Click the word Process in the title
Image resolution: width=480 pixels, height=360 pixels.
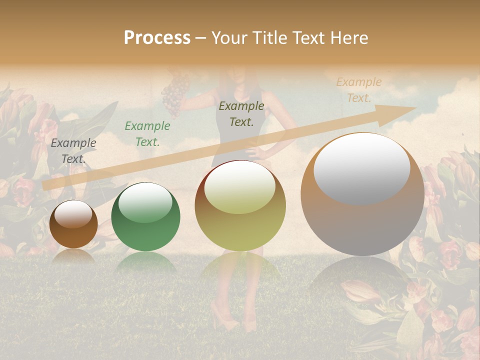pyautogui.click(x=157, y=38)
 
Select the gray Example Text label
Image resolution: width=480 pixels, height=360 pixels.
pyautogui.click(x=73, y=150)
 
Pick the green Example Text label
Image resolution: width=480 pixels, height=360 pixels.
pyautogui.click(x=147, y=134)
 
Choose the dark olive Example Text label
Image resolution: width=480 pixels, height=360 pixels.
pyautogui.click(x=241, y=113)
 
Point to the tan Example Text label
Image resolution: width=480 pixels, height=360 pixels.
pyautogui.click(x=359, y=90)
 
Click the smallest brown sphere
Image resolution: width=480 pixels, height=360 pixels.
pyautogui.click(x=73, y=224)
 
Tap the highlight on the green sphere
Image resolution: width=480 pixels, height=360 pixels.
pyautogui.click(x=145, y=202)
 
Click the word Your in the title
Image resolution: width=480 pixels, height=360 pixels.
pyautogui.click(x=230, y=38)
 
